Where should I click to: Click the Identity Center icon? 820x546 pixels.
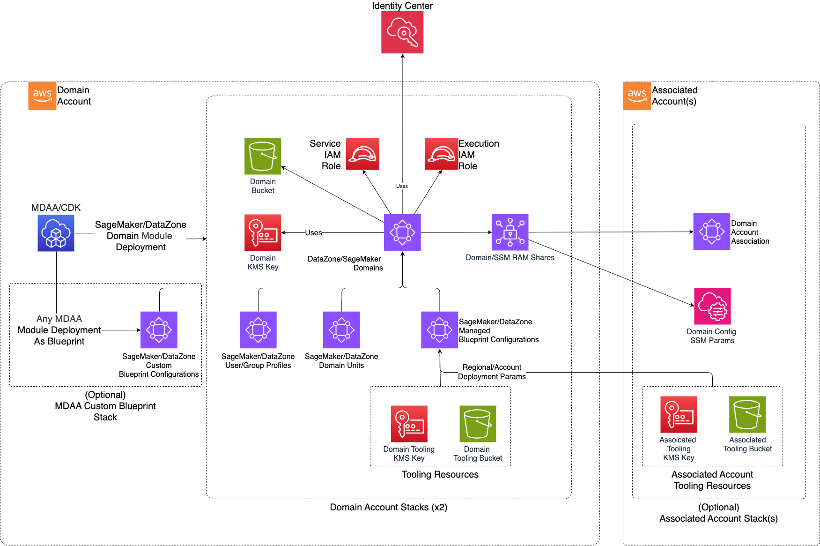(x=402, y=32)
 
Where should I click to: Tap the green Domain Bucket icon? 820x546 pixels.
(x=263, y=156)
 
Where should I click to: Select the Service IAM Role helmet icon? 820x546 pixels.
(x=362, y=154)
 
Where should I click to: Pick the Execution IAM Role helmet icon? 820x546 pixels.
(x=441, y=154)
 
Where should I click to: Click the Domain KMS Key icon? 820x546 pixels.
(x=263, y=232)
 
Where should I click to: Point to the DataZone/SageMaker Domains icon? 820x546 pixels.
(x=402, y=232)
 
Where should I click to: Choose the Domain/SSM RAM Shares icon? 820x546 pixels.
(x=510, y=232)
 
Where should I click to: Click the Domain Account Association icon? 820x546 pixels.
(x=711, y=232)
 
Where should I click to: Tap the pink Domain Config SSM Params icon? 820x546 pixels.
(x=712, y=306)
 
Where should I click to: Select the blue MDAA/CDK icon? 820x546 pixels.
(x=56, y=233)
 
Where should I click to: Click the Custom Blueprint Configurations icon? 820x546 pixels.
(x=159, y=330)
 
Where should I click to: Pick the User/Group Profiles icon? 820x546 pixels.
(x=258, y=330)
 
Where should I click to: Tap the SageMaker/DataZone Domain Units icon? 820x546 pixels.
(x=341, y=330)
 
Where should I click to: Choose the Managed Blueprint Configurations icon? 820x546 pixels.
(x=439, y=330)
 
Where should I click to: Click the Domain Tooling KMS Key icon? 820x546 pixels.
(x=409, y=424)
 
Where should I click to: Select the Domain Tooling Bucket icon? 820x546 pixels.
(x=478, y=424)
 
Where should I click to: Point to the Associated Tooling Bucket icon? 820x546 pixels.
(x=747, y=414)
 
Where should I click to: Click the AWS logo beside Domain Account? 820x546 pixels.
(x=42, y=96)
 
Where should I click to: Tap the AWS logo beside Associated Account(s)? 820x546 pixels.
(x=637, y=96)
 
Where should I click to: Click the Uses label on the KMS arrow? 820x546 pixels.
(x=313, y=232)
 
